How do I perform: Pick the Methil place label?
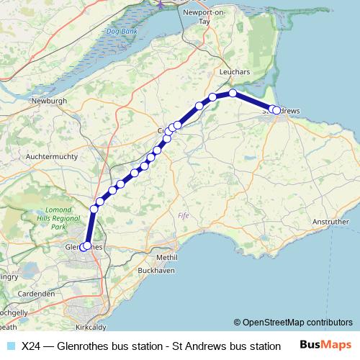point(166,257)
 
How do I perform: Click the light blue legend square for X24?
point(10,346)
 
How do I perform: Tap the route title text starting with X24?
point(150,346)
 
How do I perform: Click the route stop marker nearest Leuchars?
point(233,94)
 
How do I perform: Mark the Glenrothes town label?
point(80,246)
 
